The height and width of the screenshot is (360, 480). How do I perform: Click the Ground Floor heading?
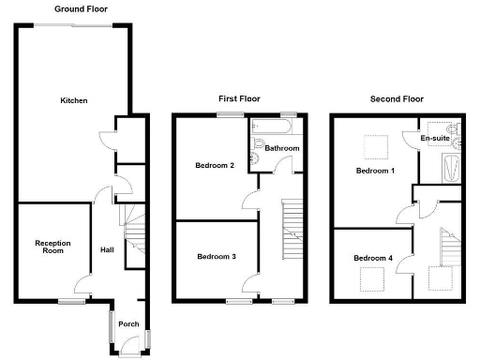80,8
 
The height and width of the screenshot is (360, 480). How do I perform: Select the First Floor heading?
239,98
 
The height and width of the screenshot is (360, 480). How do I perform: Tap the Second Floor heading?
397,98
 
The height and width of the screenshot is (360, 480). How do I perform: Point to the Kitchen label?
74,100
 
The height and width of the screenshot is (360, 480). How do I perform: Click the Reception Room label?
53,247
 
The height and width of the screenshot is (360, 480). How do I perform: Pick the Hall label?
107,250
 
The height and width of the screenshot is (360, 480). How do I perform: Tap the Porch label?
128,324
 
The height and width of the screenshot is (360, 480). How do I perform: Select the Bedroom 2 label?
215,166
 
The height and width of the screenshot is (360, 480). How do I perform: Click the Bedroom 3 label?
216,256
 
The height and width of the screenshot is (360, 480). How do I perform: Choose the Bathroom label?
282,149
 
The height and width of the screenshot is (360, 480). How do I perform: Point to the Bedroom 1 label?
375,172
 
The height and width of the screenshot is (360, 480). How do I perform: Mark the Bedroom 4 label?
373,257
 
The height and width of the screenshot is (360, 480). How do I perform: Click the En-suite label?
434,139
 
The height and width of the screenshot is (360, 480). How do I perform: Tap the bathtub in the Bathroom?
273,127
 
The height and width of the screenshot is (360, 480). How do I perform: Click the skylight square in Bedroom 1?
376,147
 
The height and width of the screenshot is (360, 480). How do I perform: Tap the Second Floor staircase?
447,248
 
